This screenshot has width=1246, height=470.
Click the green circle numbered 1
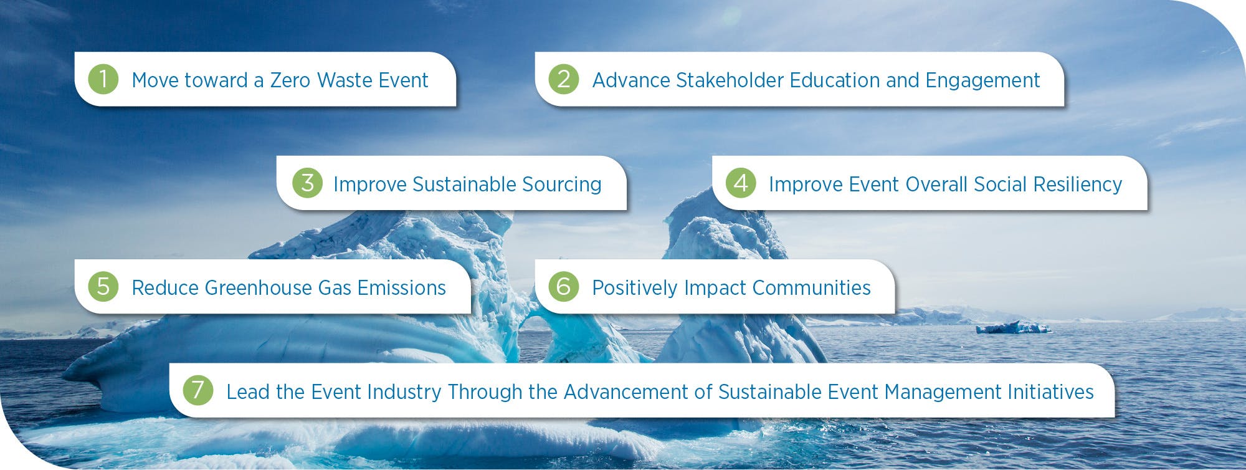pyautogui.click(x=103, y=79)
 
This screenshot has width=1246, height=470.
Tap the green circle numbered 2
pyautogui.click(x=564, y=79)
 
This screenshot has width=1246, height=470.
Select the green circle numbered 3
pyautogui.click(x=307, y=183)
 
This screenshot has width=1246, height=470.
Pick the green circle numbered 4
pyautogui.click(x=741, y=183)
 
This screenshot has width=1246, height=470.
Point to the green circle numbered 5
pyautogui.click(x=103, y=287)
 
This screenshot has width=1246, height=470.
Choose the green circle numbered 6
pyautogui.click(x=564, y=287)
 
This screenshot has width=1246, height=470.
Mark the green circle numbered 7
pyautogui.click(x=198, y=390)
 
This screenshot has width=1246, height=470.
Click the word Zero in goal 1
pyautogui.click(x=290, y=80)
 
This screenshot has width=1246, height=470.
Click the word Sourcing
pyautogui.click(x=561, y=185)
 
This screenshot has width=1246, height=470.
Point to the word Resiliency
pyautogui.click(x=1078, y=185)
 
